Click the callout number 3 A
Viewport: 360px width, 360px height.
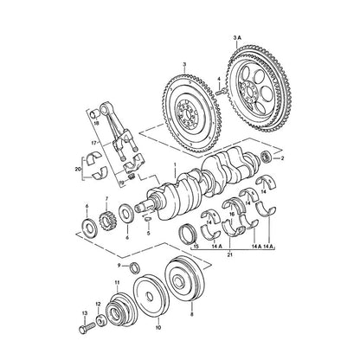(x=236, y=37)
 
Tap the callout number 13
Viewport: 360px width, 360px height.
(x=85, y=313)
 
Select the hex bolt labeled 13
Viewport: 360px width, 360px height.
(x=87, y=328)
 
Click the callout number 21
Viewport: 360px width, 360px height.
(x=230, y=254)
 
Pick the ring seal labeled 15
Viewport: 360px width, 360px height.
(x=187, y=233)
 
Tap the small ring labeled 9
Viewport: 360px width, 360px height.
(x=135, y=267)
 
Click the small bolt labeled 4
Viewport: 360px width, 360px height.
(x=221, y=92)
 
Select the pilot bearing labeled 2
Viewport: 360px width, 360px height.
(x=266, y=157)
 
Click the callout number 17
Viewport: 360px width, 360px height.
(x=93, y=143)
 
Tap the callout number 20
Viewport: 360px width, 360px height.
(x=77, y=170)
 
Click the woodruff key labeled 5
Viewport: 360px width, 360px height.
(x=147, y=218)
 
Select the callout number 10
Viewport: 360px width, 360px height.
(x=158, y=327)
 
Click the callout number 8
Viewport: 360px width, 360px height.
(x=192, y=314)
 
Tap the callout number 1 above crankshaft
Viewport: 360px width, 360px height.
(x=175, y=164)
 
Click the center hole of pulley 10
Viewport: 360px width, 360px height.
(x=150, y=295)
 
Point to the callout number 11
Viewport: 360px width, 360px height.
(x=117, y=282)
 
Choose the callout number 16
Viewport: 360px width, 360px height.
(x=232, y=214)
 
